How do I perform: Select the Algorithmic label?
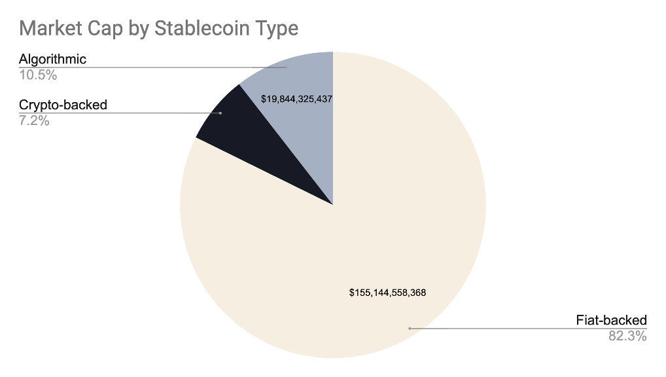(52, 60)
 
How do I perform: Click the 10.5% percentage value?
(38, 75)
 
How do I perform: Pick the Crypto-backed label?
(63, 105)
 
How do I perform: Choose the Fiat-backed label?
(611, 320)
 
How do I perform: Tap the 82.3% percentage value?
(627, 336)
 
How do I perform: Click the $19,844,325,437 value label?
(297, 99)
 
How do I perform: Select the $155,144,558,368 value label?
(388, 293)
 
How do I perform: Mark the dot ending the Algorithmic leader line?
(286, 67)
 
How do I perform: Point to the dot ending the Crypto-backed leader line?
(220, 113)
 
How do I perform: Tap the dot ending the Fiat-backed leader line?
(410, 328)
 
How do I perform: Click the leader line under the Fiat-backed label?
(523, 328)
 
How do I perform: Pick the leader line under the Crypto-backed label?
(131, 113)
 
